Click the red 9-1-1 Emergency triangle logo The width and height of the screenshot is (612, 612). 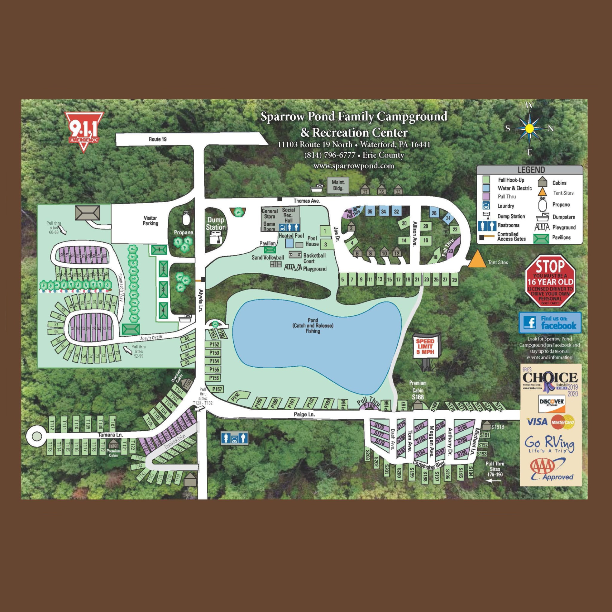(84, 130)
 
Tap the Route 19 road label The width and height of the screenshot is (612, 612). (157, 139)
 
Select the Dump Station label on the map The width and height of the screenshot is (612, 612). (215, 224)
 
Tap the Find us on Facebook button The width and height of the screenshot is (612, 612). (550, 322)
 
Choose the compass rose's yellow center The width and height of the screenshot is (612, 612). (529, 128)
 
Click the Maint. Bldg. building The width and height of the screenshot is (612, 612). (338, 185)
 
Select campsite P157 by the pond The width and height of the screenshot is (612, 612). (217, 389)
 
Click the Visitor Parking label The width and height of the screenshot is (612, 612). (150, 221)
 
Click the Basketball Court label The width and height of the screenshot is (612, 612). (314, 258)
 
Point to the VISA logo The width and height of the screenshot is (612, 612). (537, 422)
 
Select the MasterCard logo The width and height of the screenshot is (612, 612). (563, 422)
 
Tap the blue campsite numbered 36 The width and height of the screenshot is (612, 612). (370, 211)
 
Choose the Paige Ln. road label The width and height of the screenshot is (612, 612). (304, 414)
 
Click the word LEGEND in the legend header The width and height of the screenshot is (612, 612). (531, 170)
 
